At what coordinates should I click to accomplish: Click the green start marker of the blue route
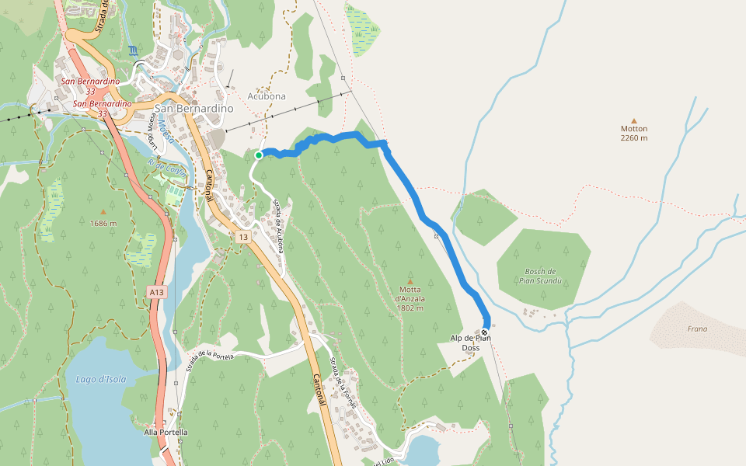coord(259,155)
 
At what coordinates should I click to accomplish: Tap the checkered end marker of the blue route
coord(485,332)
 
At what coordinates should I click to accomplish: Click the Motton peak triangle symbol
coord(634,120)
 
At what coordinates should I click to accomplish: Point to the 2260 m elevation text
coord(634,138)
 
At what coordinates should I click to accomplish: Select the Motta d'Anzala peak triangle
coord(410,281)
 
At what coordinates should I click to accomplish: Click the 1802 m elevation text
coord(410,308)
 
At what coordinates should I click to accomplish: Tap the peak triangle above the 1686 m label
coord(103,211)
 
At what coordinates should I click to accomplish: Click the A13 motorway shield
coord(157,292)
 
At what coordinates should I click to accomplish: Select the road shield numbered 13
coord(243,237)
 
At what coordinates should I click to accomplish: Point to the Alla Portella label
coord(166,432)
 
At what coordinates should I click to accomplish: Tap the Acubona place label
coord(267,96)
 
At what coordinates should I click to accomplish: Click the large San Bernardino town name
coord(194,109)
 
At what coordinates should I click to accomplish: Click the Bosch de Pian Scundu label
coord(540,276)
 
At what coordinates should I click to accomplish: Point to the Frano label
coord(697,329)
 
